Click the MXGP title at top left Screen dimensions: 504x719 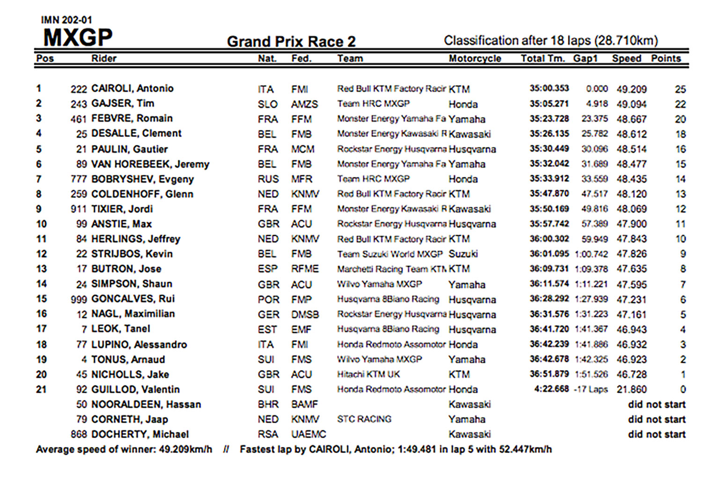click(x=78, y=38)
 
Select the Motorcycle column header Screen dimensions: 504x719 click(x=475, y=58)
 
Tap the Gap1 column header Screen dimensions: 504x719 click(x=585, y=58)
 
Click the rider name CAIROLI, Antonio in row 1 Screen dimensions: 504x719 click(x=132, y=88)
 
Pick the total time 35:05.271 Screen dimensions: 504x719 click(x=549, y=104)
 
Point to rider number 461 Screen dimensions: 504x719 click(x=79, y=119)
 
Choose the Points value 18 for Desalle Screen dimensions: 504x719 click(x=680, y=134)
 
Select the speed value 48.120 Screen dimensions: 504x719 click(x=631, y=194)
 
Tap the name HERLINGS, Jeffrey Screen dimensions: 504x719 click(x=136, y=239)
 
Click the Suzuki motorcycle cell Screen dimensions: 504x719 click(x=463, y=254)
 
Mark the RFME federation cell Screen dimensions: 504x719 click(x=305, y=269)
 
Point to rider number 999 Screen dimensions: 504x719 click(x=79, y=299)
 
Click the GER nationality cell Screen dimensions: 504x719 click(x=268, y=314)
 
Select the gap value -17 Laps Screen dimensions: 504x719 click(x=591, y=389)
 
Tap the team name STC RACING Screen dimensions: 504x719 click(x=364, y=419)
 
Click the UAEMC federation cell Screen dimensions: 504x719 click(x=308, y=434)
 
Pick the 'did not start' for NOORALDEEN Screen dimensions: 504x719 click(x=656, y=404)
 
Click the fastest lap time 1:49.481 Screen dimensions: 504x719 click(x=417, y=450)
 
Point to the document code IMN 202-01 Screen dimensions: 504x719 click(x=66, y=20)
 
